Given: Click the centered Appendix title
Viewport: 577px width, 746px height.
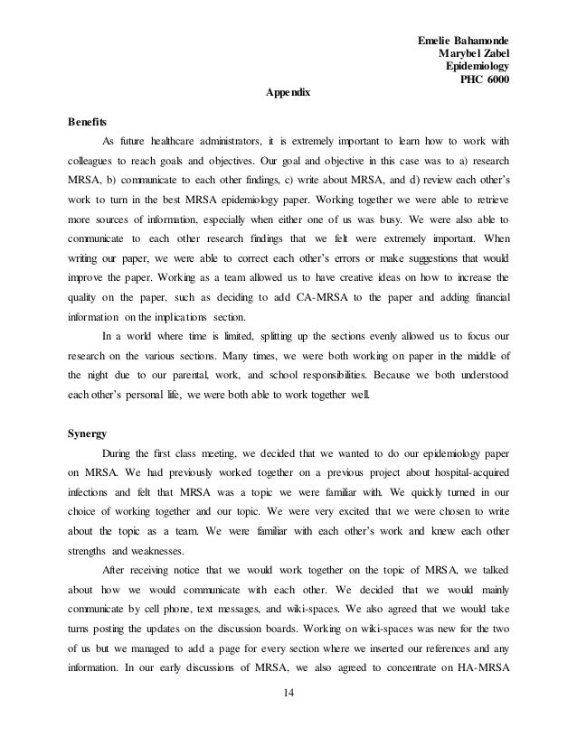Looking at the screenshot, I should click(x=288, y=93).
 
